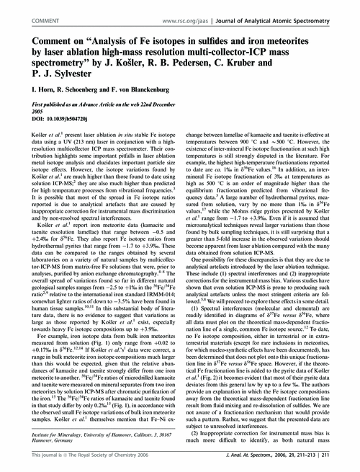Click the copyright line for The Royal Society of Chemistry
point(78,465)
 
